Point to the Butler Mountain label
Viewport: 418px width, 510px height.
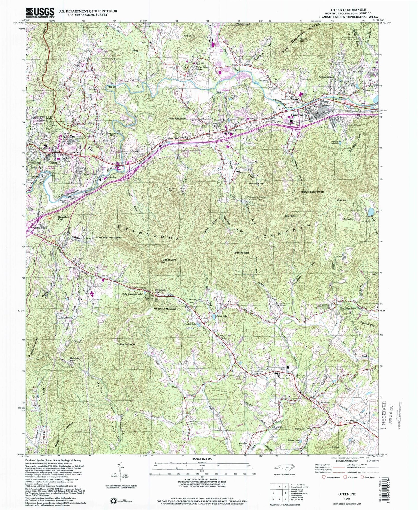[127, 344]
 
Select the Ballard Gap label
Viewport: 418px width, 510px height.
[241, 253]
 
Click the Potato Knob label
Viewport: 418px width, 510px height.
[257, 184]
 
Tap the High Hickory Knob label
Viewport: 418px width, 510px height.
[312, 192]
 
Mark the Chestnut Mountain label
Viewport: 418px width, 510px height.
[166, 309]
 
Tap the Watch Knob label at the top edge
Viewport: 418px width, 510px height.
[244, 24]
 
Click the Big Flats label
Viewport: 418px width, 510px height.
[290, 216]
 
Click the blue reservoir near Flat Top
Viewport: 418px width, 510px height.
[371, 212]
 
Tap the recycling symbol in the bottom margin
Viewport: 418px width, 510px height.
[113, 500]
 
